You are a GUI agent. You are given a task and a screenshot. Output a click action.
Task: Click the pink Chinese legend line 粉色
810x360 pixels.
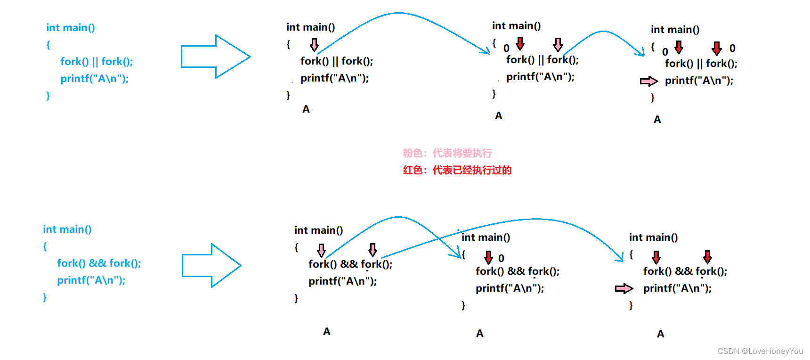(x=447, y=153)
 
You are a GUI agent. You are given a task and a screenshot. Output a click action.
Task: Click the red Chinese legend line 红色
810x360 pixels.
(x=457, y=170)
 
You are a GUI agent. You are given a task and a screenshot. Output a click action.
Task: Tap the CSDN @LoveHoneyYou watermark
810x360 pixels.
(x=760, y=351)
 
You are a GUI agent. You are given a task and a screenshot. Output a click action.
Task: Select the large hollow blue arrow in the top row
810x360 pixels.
(x=216, y=57)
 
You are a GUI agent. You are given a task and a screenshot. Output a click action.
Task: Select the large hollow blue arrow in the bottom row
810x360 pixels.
(x=212, y=265)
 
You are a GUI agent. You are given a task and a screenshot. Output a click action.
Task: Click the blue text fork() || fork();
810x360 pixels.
(x=97, y=62)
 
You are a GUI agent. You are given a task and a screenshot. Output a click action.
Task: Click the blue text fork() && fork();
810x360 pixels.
(x=99, y=263)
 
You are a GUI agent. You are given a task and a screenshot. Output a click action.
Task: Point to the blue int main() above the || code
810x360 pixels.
(x=71, y=28)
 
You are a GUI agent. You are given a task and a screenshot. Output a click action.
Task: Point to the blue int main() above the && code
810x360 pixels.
(x=67, y=229)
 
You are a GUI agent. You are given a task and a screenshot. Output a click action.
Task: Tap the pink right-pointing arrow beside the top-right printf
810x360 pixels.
(x=649, y=82)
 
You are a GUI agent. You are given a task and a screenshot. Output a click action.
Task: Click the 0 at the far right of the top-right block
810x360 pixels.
(x=732, y=48)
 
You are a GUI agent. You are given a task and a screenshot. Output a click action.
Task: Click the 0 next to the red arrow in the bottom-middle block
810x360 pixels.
(x=501, y=258)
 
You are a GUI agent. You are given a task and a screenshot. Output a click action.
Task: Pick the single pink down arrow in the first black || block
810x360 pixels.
(x=314, y=45)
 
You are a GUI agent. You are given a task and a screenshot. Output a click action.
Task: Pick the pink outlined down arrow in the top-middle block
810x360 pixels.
(x=558, y=45)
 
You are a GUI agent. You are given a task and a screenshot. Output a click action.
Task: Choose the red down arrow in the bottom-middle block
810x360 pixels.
(x=488, y=257)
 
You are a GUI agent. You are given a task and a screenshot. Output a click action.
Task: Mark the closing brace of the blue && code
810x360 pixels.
(x=45, y=297)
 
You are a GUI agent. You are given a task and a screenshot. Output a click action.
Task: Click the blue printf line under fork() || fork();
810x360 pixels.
(x=94, y=79)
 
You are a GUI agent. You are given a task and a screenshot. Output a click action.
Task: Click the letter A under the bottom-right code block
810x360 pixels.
(x=661, y=334)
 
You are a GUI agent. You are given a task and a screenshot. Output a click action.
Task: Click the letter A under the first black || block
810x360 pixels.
(x=306, y=109)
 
